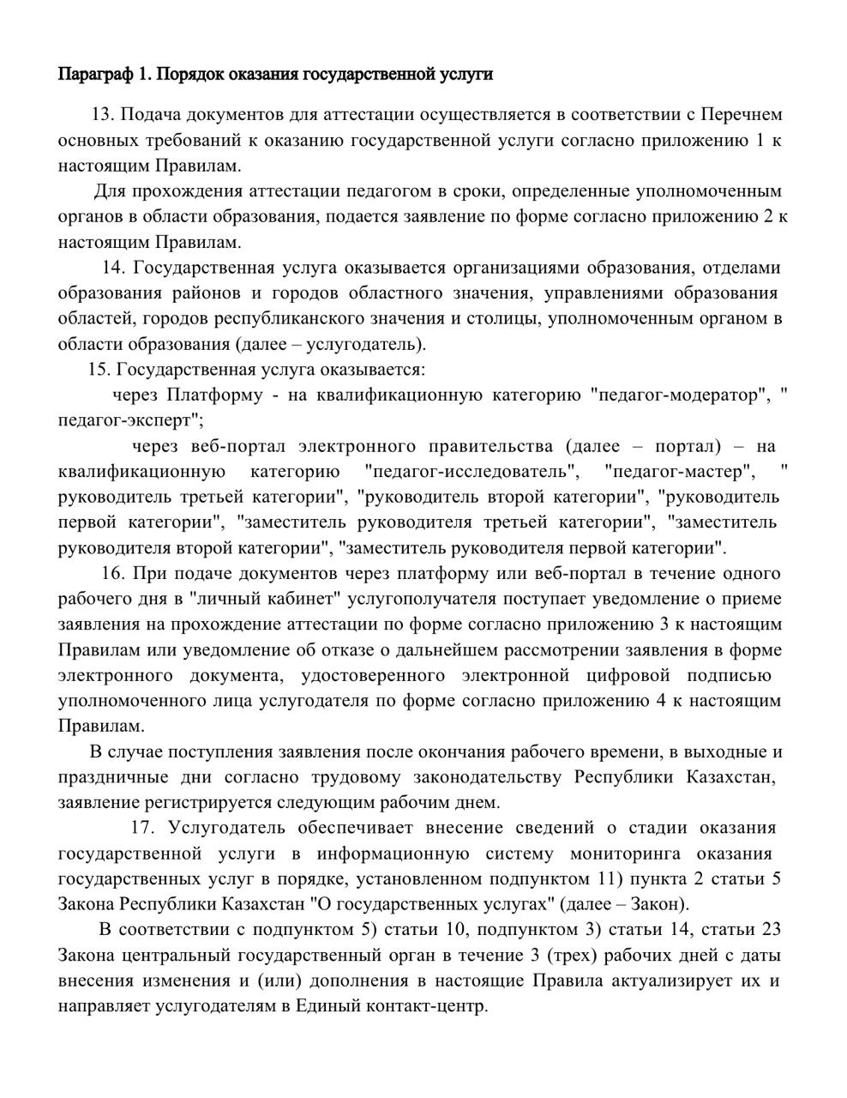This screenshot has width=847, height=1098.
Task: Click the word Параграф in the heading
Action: (x=94, y=75)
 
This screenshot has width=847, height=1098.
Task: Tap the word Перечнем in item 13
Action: (x=742, y=114)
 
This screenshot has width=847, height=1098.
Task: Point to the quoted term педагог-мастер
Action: (x=680, y=471)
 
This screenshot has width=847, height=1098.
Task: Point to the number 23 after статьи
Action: (x=770, y=930)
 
